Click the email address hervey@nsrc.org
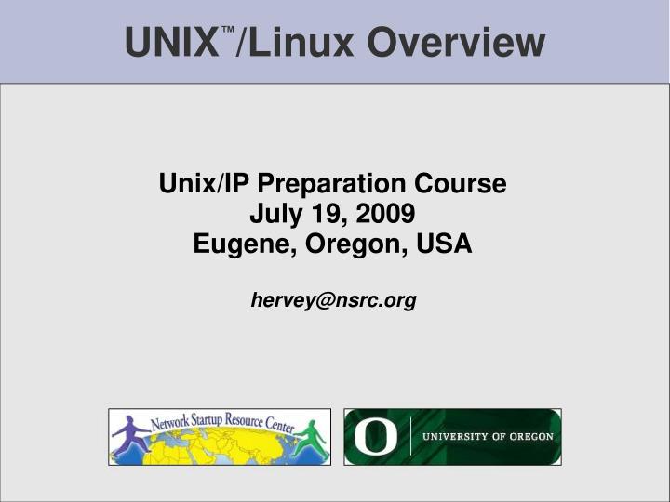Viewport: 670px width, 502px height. [x=333, y=300]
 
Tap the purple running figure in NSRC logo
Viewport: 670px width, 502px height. [x=132, y=438]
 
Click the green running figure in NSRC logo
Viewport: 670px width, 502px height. [x=311, y=438]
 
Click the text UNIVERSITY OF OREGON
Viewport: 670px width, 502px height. [x=489, y=437]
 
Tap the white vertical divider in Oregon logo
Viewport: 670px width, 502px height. [x=410, y=437]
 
